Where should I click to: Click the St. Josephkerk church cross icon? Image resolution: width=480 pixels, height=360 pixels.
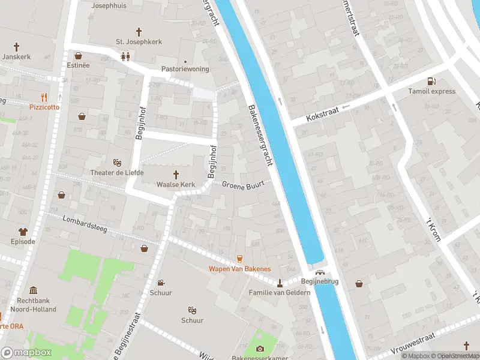click(139, 31)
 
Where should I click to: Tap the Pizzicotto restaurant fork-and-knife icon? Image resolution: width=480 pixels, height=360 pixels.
click(44, 97)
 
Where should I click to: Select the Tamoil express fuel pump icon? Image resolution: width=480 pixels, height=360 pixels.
click(431, 82)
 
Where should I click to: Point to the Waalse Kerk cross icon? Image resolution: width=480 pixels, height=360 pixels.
click(176, 175)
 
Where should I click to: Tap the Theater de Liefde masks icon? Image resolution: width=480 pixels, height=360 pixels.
click(118, 163)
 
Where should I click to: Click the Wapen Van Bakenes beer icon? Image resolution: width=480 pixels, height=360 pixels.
click(239, 259)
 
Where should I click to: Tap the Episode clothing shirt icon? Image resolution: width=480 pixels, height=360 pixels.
click(23, 232)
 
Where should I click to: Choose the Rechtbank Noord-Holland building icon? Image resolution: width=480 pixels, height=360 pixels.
click(32, 290)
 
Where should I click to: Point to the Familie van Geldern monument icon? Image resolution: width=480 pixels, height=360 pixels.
click(280, 283)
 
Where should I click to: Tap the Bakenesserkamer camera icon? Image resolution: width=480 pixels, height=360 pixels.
click(260, 349)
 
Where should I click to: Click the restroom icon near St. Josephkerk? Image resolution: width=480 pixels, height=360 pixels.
click(125, 57)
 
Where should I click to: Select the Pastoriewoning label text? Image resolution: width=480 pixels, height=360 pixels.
click(185, 69)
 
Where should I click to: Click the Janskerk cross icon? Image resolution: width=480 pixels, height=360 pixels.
click(16, 46)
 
